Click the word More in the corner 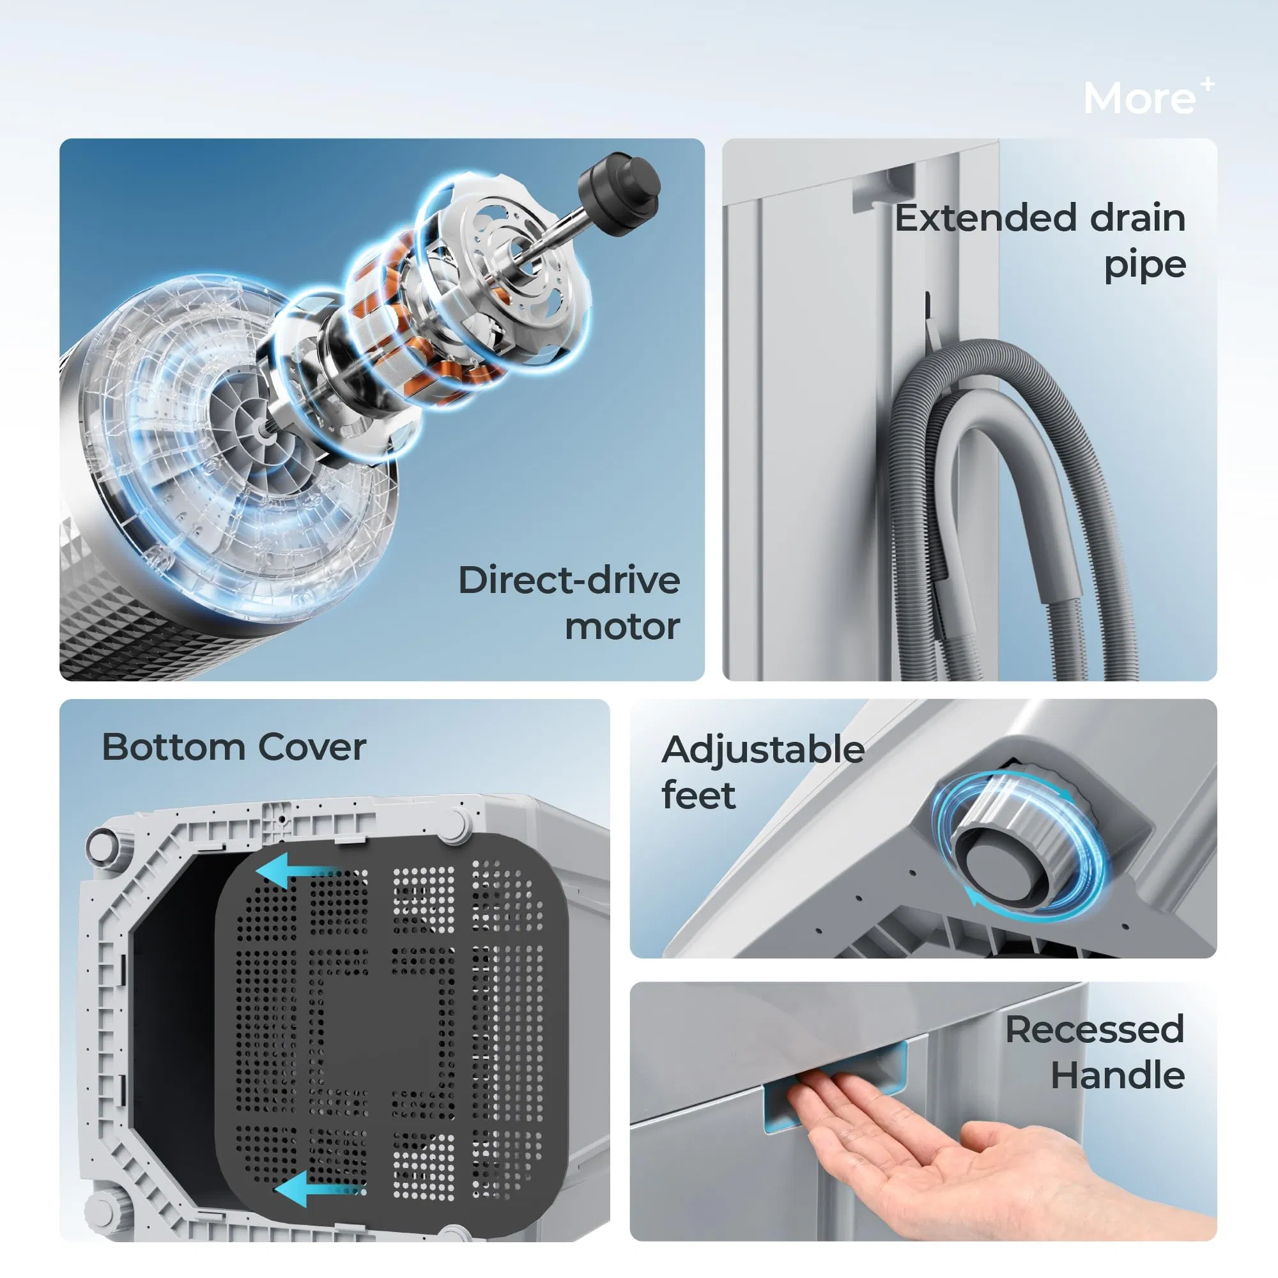[x=1139, y=99]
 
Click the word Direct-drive [x=569, y=581]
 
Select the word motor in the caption [x=622, y=626]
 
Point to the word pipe [x=1144, y=265]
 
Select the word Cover [x=312, y=748]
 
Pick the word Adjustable [x=763, y=750]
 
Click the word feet [x=698, y=795]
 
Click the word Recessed [x=1095, y=1030]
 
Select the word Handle [x=1118, y=1075]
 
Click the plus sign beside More [x=1208, y=84]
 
